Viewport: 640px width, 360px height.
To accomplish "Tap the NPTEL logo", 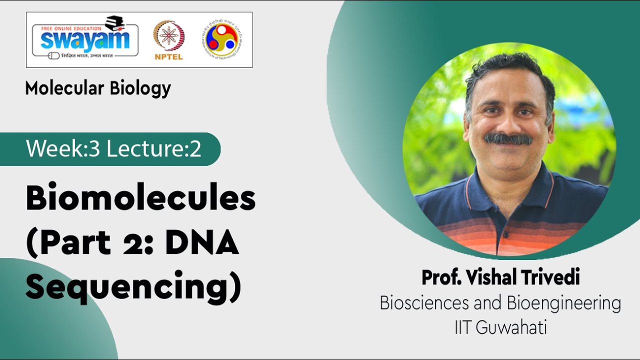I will (168, 40).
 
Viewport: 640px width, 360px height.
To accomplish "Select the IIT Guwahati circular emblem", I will (221, 39).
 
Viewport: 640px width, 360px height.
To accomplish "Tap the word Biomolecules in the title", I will (140, 198).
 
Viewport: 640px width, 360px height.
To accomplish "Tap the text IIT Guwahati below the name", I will (500, 328).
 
